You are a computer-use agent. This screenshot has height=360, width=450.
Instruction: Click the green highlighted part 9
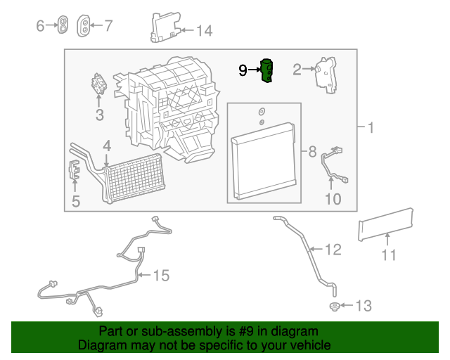click(267, 71)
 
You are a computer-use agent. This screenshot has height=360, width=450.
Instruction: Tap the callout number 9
click(243, 70)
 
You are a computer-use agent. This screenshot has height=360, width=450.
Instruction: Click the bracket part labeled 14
click(166, 27)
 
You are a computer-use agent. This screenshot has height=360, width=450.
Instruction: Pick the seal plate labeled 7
click(85, 26)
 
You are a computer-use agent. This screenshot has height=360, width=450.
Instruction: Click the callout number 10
click(332, 200)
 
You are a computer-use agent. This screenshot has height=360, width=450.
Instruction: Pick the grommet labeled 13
click(335, 305)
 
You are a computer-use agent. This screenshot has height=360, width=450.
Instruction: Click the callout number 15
click(161, 276)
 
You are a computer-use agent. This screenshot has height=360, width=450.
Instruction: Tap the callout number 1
click(370, 127)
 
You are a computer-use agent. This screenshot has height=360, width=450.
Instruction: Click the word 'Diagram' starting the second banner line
click(101, 345)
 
